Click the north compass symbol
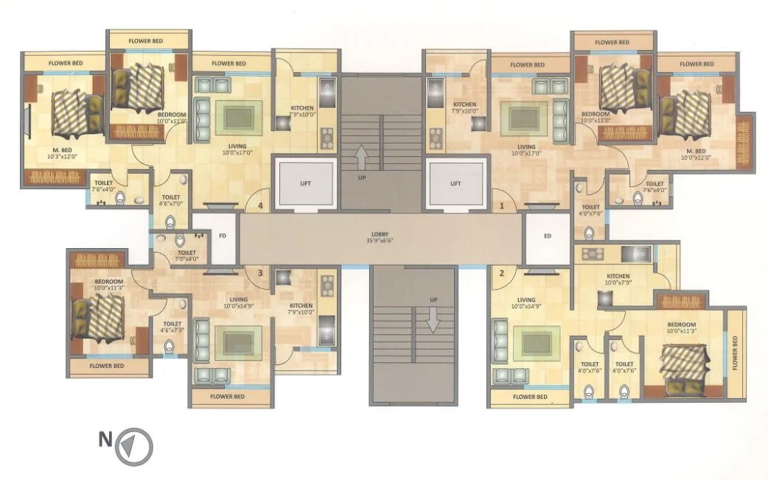click(x=133, y=445)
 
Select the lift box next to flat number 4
click(x=304, y=183)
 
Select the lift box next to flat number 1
click(x=455, y=183)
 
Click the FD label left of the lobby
click(x=223, y=237)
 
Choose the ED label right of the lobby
click(x=547, y=237)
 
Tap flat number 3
click(x=259, y=273)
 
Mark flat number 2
click(x=502, y=273)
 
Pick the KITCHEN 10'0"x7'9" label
click(x=619, y=278)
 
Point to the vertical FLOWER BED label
click(x=735, y=352)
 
